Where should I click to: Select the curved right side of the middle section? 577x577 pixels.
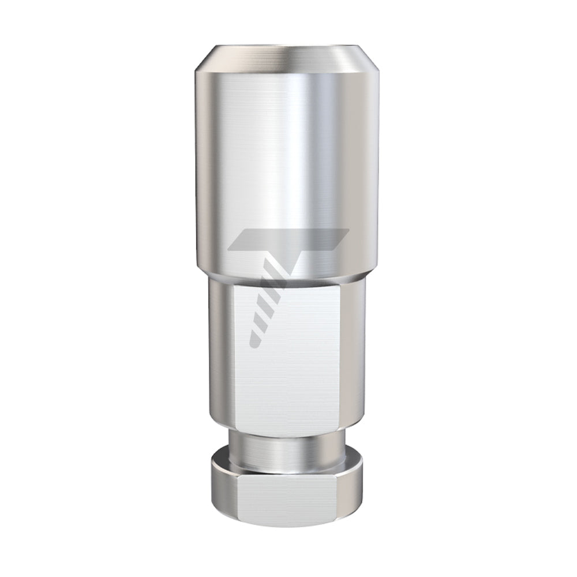click(x=353, y=358)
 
